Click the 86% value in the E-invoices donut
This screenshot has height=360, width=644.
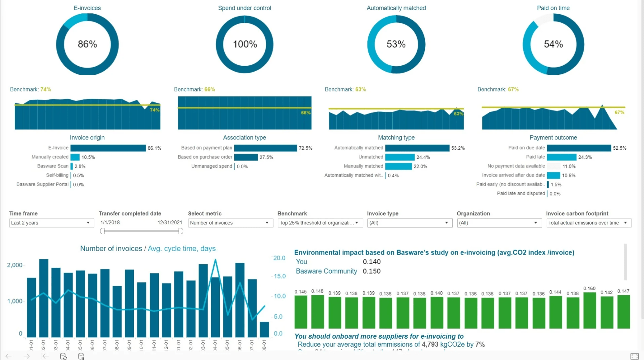(87, 44)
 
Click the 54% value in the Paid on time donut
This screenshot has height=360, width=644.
(553, 44)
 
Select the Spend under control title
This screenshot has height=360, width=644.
(244, 8)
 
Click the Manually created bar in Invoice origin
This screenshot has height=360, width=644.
(75, 157)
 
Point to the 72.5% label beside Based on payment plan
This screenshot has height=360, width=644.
(305, 148)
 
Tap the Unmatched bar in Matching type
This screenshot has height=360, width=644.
(400, 157)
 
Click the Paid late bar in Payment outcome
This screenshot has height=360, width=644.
(561, 157)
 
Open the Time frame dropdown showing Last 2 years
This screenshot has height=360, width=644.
(51, 223)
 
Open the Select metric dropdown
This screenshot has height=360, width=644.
(230, 223)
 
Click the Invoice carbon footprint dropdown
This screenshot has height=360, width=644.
(588, 223)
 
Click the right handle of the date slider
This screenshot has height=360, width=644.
(181, 231)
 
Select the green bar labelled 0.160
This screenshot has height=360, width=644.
(589, 310)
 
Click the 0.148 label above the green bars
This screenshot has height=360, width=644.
(317, 291)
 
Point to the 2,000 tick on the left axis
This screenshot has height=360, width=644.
(15, 265)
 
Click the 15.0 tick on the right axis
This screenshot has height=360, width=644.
(280, 277)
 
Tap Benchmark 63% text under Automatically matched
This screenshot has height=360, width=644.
(345, 89)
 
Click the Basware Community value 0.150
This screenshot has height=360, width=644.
(371, 271)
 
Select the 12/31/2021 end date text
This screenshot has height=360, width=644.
(170, 223)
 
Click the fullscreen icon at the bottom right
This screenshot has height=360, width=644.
(634, 356)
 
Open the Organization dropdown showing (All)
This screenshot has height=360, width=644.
(499, 223)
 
